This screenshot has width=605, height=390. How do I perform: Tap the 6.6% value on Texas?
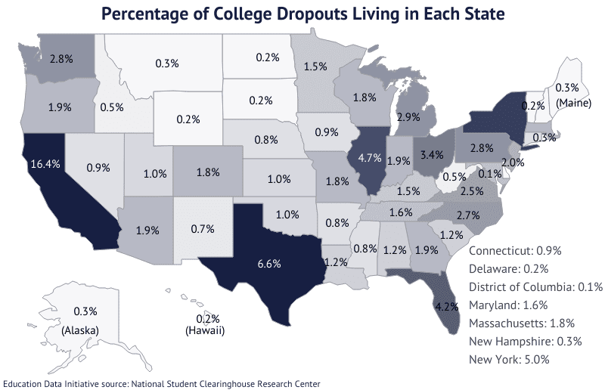click(x=268, y=264)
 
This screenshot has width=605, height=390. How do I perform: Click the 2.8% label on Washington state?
click(x=60, y=58)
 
